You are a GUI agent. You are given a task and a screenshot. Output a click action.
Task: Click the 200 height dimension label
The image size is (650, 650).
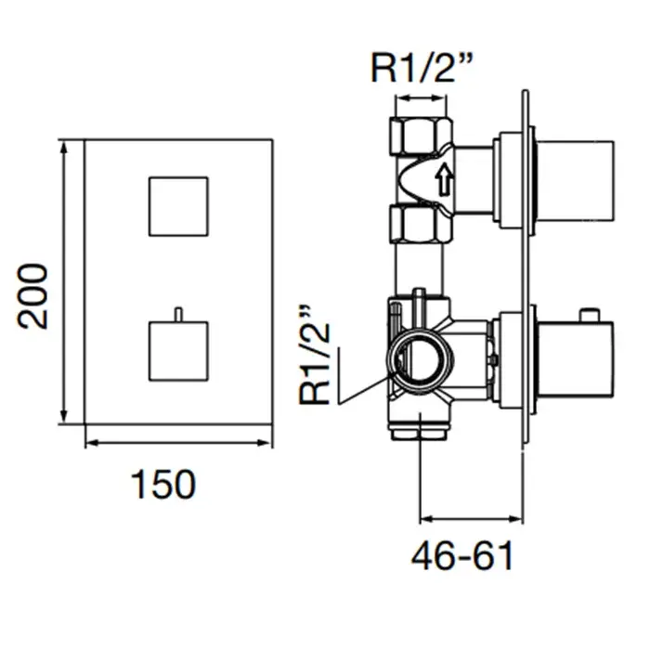(x=32, y=296)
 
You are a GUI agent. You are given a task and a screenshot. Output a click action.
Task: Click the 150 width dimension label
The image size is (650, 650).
(x=162, y=484)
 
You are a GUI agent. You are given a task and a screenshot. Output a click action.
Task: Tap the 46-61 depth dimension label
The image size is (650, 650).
(x=462, y=555)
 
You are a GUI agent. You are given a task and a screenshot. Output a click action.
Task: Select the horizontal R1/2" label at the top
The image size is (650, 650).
(x=422, y=67)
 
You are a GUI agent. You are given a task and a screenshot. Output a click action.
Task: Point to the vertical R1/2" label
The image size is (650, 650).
(x=315, y=356)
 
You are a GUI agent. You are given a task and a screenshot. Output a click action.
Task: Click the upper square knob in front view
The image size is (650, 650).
(x=178, y=206)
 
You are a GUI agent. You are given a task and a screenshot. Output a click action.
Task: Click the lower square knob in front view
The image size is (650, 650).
(x=178, y=351)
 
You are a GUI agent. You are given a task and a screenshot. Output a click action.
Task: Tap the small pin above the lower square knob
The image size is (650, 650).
(x=178, y=314)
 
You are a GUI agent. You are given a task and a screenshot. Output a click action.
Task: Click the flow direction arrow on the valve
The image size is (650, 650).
(x=444, y=178)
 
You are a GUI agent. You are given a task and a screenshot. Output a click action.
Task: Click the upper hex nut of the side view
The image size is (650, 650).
(x=421, y=136)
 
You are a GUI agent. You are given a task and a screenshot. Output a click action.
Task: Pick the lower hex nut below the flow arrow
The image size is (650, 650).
(x=420, y=224)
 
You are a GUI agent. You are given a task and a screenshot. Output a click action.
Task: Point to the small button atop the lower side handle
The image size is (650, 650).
(x=590, y=315)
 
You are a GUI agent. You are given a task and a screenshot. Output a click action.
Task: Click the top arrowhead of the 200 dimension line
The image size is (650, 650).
(x=63, y=147)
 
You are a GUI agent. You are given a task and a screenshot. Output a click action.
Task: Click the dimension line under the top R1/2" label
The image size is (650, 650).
(x=421, y=98)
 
